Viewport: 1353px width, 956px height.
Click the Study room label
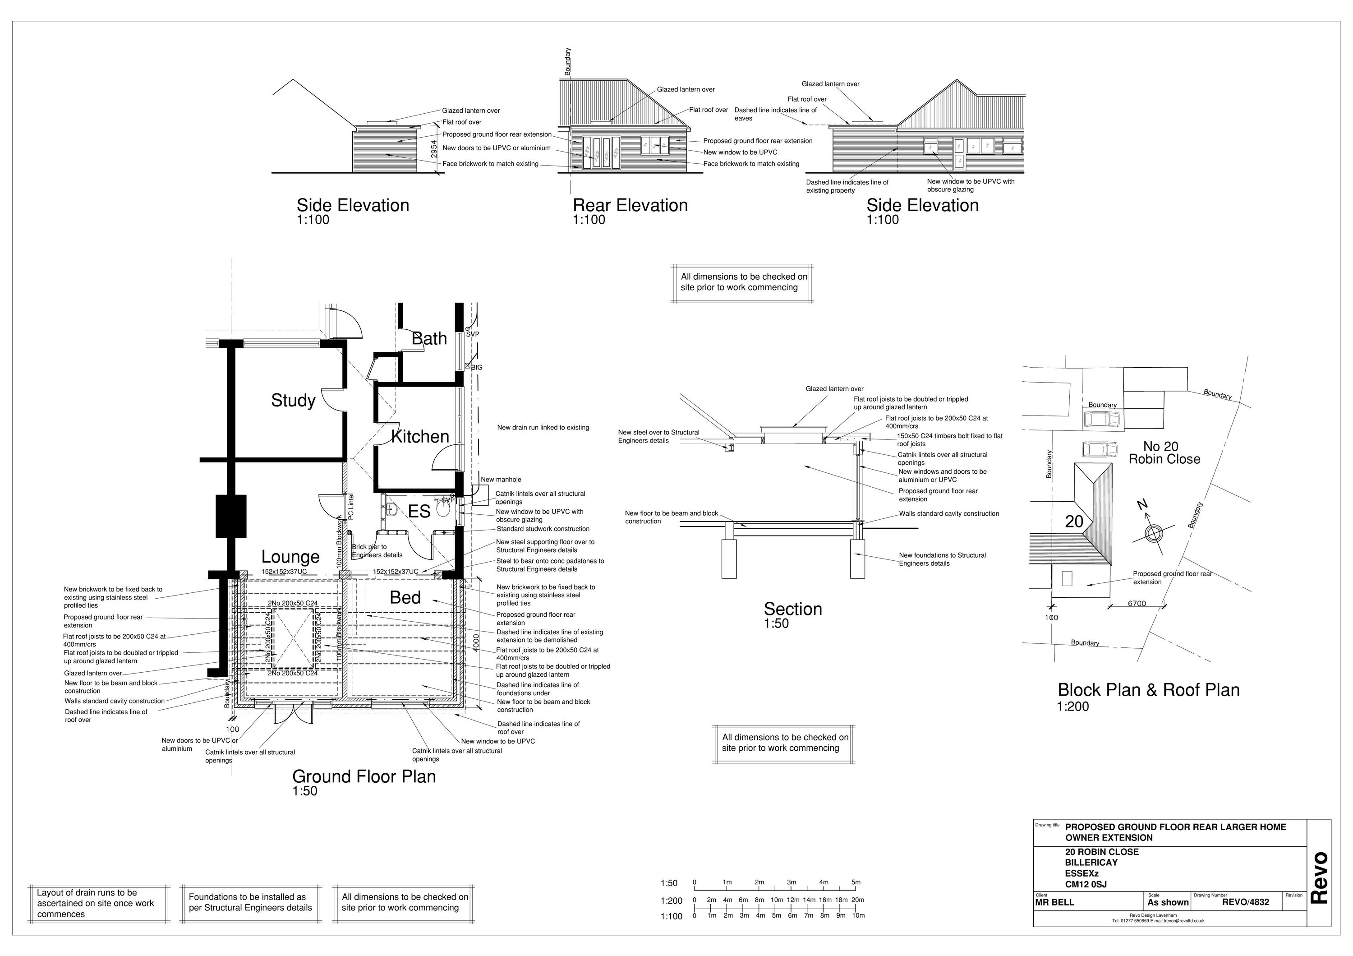coord(293,400)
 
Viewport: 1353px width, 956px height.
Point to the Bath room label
coord(428,338)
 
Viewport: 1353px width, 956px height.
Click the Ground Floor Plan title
coord(364,776)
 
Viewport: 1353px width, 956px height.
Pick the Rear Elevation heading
coord(630,205)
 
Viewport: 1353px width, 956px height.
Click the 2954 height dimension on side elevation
coord(434,148)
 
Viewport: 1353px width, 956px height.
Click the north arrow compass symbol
coord(1151,533)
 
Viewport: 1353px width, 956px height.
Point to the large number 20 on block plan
coord(1074,522)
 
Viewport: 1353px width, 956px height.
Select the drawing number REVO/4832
coord(1245,902)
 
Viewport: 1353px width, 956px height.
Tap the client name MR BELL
coord(1055,902)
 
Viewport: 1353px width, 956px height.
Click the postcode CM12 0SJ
coord(1086,884)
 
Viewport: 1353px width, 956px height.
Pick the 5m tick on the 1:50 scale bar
coord(855,882)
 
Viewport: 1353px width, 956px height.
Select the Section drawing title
coord(792,609)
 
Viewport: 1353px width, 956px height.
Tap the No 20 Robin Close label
coord(1164,453)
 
